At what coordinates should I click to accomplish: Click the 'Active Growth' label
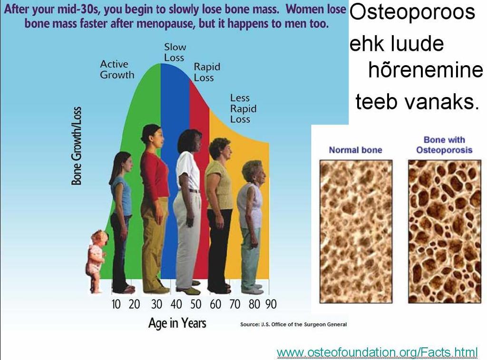(x=117, y=69)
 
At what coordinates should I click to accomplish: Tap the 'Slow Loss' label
(x=175, y=52)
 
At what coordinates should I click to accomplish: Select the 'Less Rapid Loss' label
(x=243, y=108)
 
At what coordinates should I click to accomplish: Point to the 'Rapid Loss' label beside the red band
(x=207, y=72)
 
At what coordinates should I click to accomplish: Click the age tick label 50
(x=196, y=304)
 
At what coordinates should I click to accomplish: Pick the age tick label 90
(x=271, y=304)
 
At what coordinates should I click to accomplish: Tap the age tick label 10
(x=116, y=304)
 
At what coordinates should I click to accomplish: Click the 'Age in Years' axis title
(x=177, y=323)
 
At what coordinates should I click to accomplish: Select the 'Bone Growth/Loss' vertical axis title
(x=77, y=146)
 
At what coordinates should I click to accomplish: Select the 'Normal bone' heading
(x=355, y=150)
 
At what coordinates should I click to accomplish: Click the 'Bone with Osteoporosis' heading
(x=444, y=145)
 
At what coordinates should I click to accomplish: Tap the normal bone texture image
(x=356, y=232)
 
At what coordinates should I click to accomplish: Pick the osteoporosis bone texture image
(x=445, y=232)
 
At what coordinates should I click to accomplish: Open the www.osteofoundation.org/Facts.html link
(x=377, y=352)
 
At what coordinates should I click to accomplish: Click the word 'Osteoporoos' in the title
(x=412, y=12)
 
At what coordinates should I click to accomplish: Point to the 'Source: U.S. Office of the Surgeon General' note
(x=293, y=324)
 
